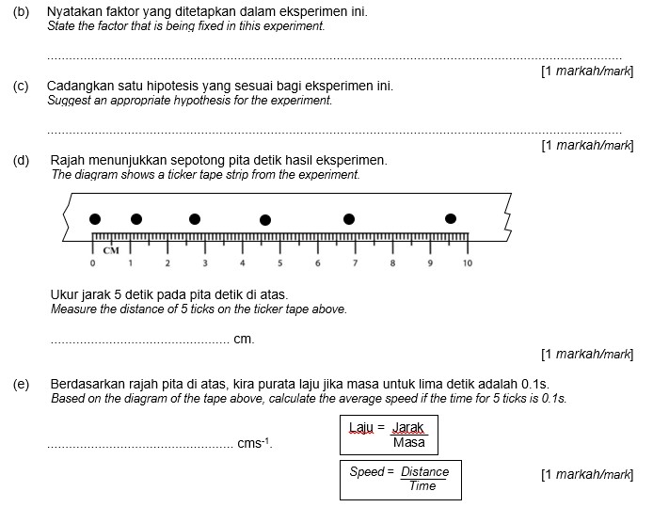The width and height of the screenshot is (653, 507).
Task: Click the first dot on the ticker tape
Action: tap(95, 219)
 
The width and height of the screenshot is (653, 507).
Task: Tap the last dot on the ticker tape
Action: tap(452, 219)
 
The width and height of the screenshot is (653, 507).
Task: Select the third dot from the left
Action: tap(195, 219)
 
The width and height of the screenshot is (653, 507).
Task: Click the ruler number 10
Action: tap(468, 262)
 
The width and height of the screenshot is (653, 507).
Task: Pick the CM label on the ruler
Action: tap(112, 250)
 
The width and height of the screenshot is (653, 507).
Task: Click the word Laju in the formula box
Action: tap(361, 428)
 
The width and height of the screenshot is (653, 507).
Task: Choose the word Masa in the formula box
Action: tap(408, 442)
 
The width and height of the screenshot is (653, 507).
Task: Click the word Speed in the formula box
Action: tap(367, 471)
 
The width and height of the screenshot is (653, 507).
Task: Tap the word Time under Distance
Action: tap(422, 485)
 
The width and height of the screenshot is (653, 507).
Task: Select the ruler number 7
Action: tap(355, 262)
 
